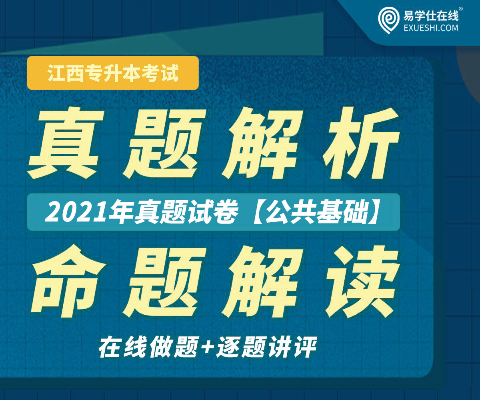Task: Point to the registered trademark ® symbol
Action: coord(461,9)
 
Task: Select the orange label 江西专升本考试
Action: coord(113,73)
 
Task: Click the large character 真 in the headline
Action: coord(66,144)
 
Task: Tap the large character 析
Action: coord(361,143)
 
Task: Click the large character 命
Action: coord(68,281)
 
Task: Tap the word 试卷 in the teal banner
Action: coord(213,212)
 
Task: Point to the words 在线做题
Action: coord(149,347)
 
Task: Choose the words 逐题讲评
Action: coord(267,347)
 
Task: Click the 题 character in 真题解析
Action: coord(164,144)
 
